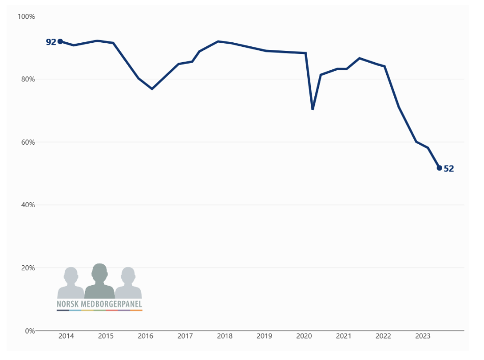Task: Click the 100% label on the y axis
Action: pos(26,16)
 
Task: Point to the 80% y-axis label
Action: pos(28,79)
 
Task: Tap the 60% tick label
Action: pos(28,142)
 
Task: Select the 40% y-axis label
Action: pos(28,205)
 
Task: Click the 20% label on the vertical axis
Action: pos(28,268)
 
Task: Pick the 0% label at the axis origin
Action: pos(29,331)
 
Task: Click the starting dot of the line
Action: pos(60,41)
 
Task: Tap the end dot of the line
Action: pos(439,168)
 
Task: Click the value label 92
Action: pos(51,42)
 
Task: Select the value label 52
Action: pos(449,169)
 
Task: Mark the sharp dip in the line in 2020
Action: pos(312,109)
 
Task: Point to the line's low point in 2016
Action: pos(152,89)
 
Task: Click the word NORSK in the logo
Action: pos(68,304)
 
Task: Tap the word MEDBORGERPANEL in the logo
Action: pos(112,304)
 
